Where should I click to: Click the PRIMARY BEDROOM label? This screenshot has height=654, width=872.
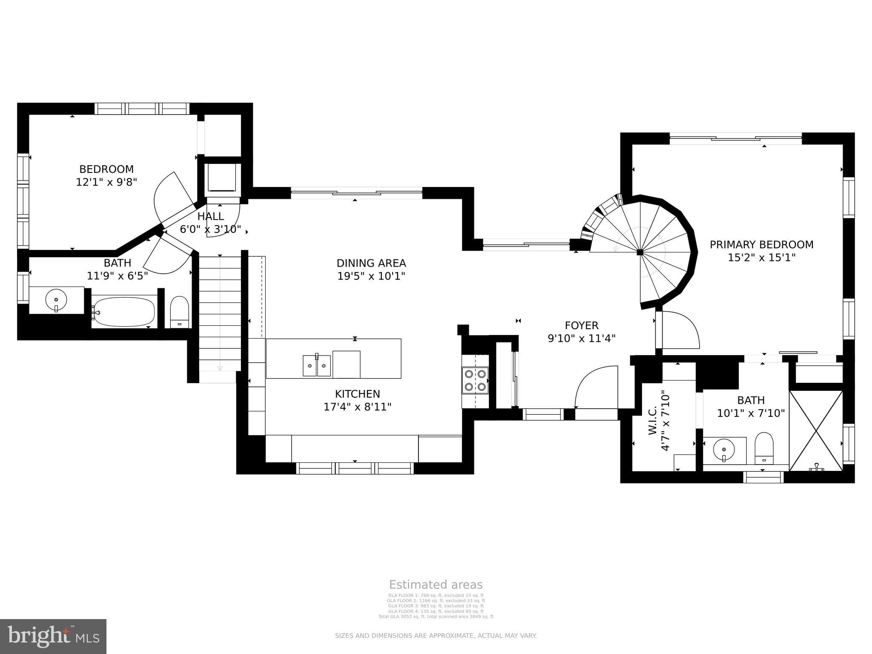coord(761,245)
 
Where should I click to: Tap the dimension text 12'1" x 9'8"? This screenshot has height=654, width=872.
coord(106,182)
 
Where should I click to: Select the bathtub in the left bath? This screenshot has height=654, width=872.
coord(124,312)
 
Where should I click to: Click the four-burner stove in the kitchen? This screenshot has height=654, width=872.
coord(475,380)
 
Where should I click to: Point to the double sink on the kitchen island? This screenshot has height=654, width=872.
coord(317,366)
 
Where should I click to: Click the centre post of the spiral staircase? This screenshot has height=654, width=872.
coord(640,252)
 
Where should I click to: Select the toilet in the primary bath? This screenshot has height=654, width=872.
coord(763,448)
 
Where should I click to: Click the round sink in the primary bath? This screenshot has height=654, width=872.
coord(723,449)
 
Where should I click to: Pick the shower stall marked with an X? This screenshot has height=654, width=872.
coord(816,430)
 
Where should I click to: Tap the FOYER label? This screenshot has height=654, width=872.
coord(581,326)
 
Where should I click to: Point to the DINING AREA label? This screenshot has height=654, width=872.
coord(371,263)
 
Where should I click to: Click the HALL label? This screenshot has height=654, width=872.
coord(210,217)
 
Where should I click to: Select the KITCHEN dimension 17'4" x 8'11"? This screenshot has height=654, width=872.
coord(357,407)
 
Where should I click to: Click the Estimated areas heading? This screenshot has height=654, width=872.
coord(436,585)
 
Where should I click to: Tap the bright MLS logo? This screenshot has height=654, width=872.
coord(53,636)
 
